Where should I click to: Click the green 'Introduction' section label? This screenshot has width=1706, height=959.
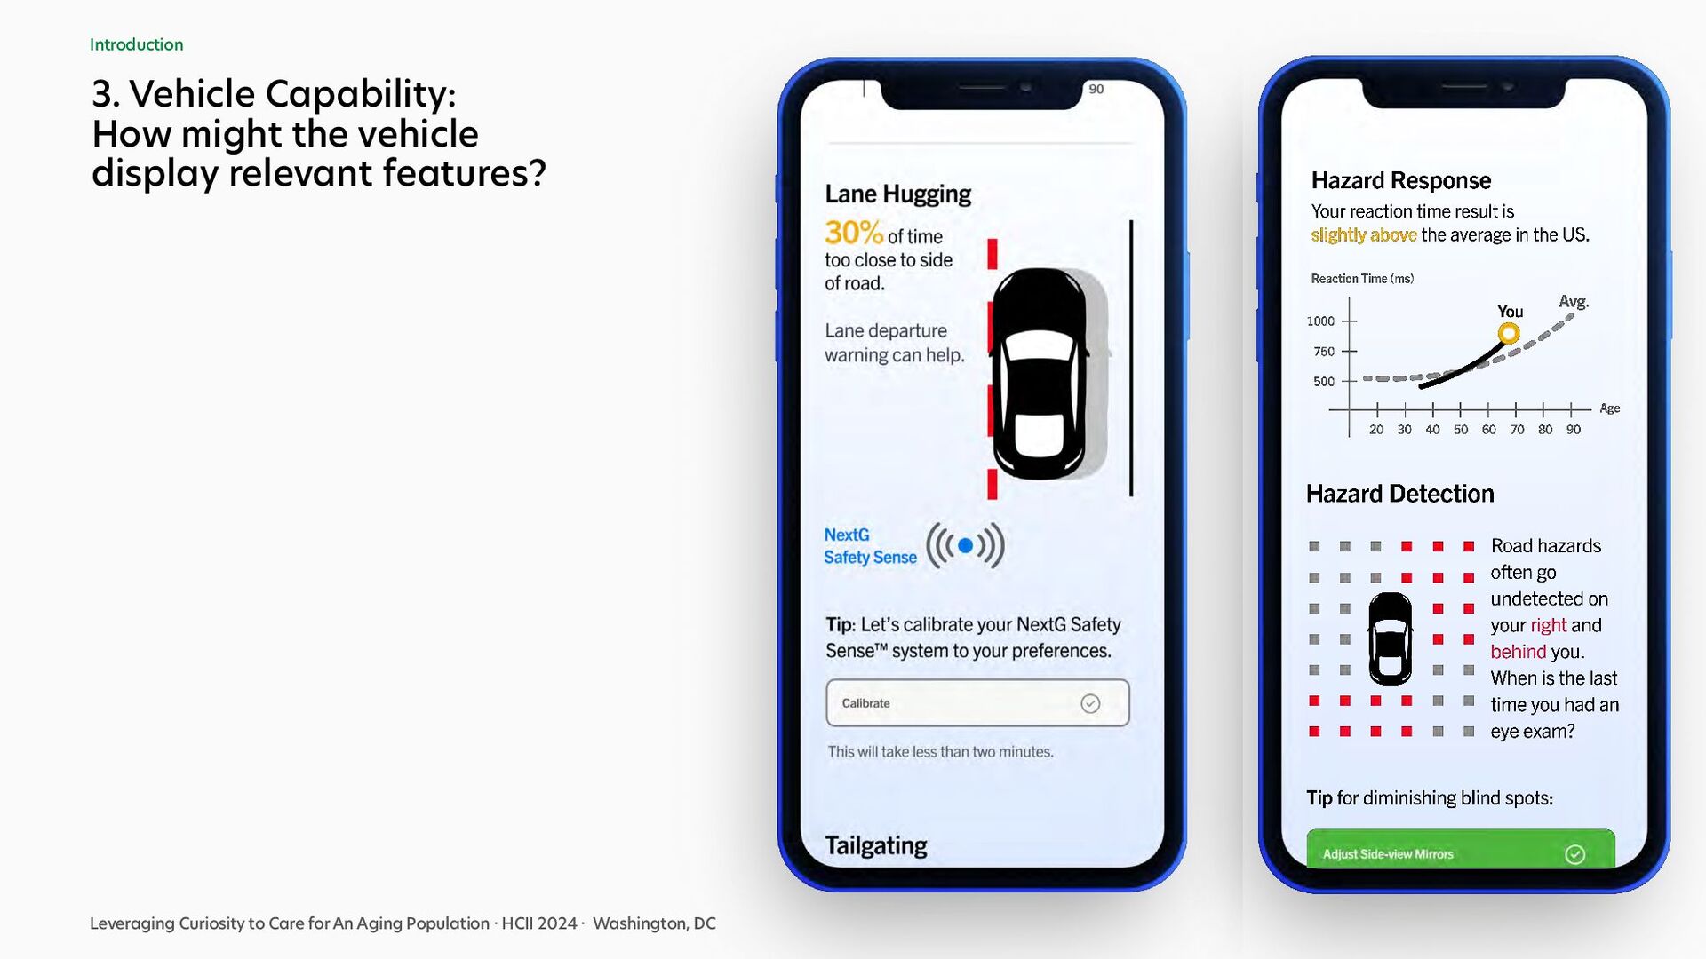point(136,44)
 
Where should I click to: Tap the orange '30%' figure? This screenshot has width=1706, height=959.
point(854,233)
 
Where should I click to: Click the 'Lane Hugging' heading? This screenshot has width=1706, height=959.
point(897,194)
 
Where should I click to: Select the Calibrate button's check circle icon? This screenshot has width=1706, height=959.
point(1090,703)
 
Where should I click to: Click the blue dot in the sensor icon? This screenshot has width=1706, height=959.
point(966,545)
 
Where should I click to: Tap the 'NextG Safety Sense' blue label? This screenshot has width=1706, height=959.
point(870,546)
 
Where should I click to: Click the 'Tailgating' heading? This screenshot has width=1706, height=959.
point(875,845)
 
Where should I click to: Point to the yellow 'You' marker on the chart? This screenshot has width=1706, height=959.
point(1508,334)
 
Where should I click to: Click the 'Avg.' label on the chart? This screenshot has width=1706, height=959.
point(1574,302)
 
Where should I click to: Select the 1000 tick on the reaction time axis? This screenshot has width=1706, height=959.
point(1349,321)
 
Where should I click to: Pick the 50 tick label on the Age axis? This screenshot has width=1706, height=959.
point(1461,430)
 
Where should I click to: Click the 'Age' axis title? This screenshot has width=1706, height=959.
point(1610,408)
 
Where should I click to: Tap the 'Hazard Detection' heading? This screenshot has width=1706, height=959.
point(1399,494)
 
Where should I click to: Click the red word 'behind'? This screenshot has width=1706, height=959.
point(1519,652)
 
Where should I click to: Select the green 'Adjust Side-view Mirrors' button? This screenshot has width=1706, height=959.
point(1460,848)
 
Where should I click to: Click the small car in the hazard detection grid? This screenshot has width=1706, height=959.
point(1390,638)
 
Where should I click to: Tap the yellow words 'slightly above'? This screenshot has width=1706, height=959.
point(1364,235)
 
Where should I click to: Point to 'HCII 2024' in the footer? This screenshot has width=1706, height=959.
point(539,923)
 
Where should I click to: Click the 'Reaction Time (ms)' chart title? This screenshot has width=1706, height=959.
point(1362,279)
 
